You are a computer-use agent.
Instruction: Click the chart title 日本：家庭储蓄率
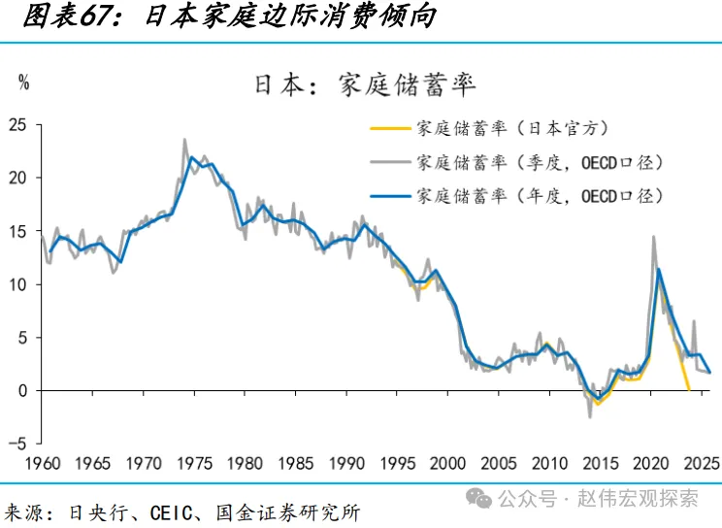365,83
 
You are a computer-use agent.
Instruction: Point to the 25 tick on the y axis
17,124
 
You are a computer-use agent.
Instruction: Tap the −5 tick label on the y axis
17,444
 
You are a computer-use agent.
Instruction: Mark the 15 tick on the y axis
17,231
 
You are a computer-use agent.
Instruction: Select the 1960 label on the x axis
41,464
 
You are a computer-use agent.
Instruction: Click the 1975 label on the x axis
194,464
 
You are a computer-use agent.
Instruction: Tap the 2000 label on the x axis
448,464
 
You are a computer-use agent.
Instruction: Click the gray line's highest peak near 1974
184,140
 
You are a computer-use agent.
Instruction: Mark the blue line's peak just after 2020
660,270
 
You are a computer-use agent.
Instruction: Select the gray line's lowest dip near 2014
589,417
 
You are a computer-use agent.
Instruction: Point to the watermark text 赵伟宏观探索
650,499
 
